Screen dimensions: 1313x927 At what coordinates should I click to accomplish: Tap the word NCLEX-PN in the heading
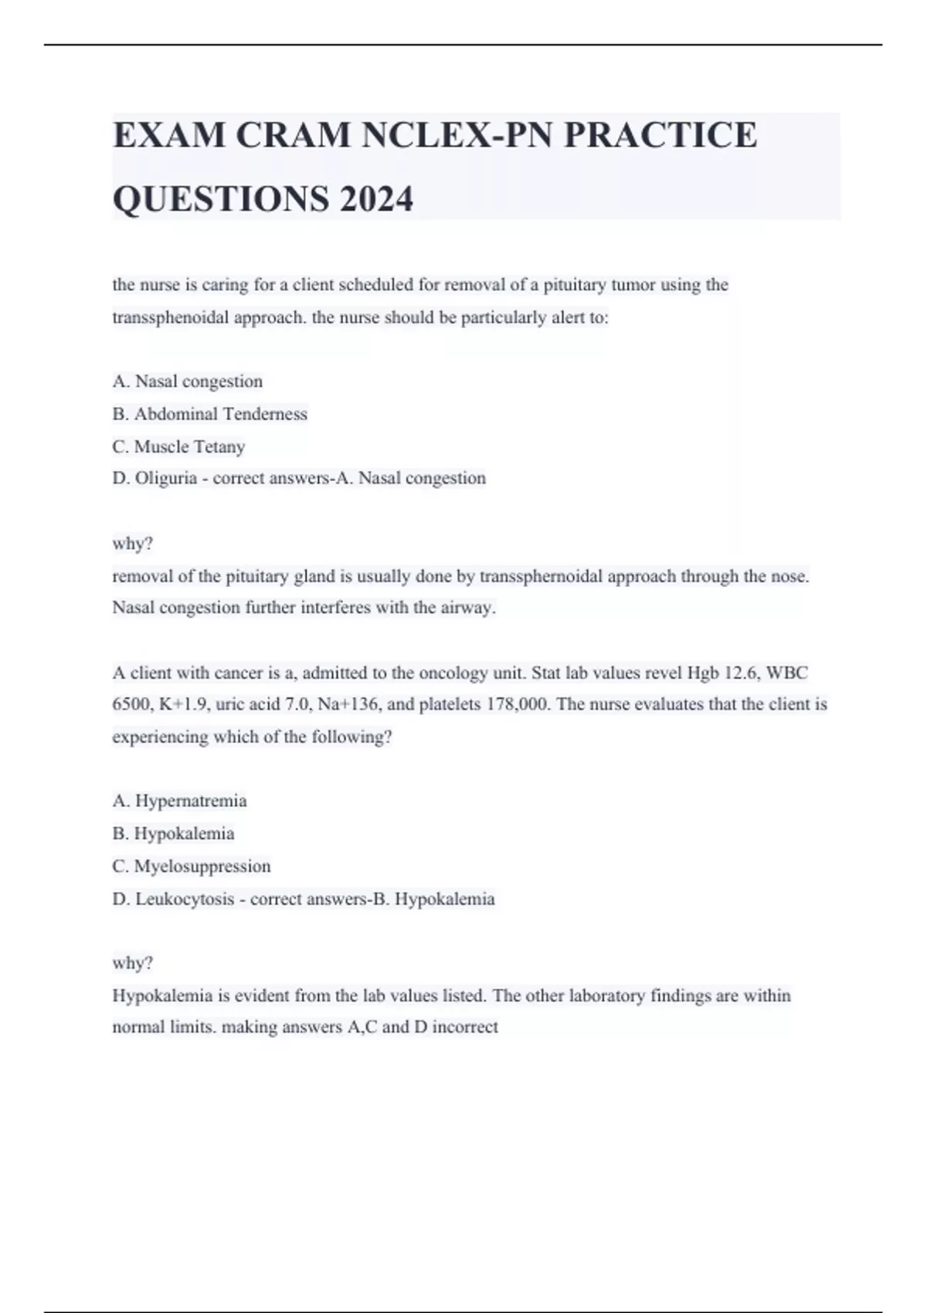(x=457, y=135)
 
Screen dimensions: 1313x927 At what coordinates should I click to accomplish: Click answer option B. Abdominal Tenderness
(x=209, y=414)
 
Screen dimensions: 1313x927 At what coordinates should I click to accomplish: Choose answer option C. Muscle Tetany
(x=178, y=446)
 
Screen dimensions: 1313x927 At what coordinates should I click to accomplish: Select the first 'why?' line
(x=133, y=544)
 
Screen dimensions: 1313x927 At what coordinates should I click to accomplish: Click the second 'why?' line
(x=133, y=963)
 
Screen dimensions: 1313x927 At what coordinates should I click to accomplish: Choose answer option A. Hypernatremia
(x=179, y=801)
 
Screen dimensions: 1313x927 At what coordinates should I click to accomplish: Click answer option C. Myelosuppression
(x=192, y=866)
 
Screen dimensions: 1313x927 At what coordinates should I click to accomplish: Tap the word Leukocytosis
(x=185, y=899)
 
